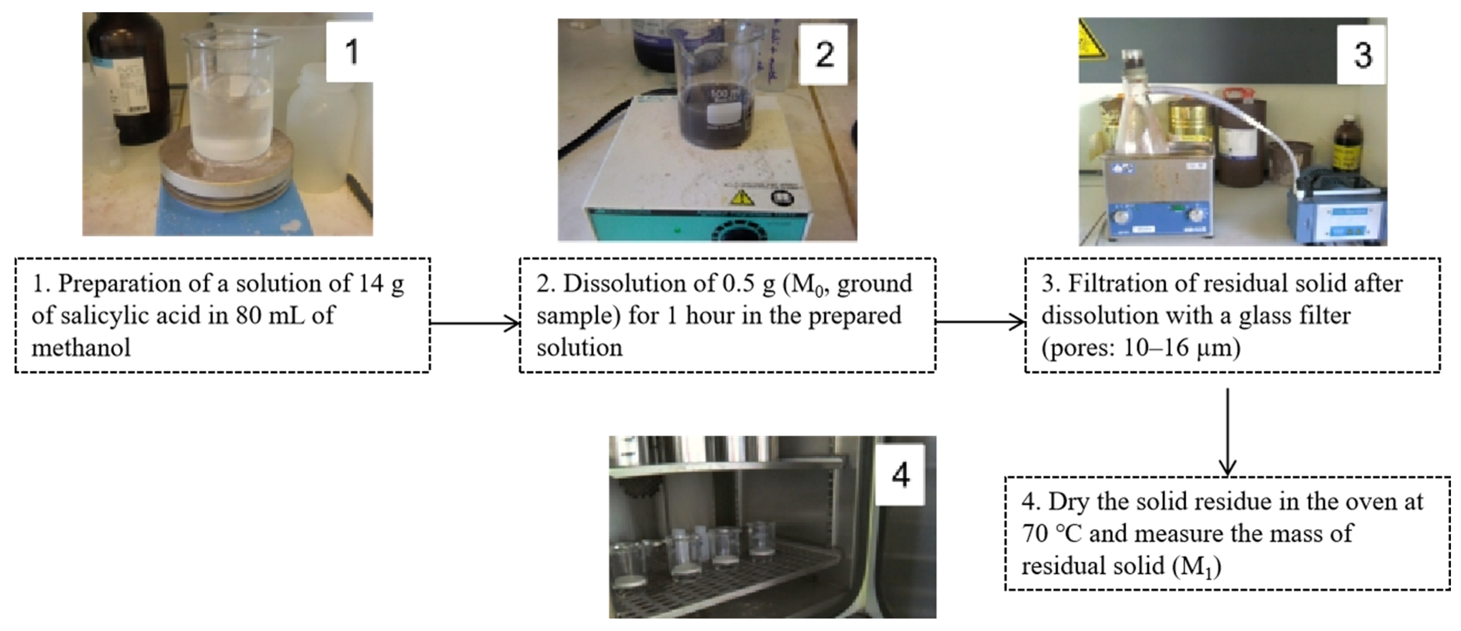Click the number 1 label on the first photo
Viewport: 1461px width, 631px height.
[x=351, y=52]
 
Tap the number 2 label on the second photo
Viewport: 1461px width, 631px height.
[x=824, y=54]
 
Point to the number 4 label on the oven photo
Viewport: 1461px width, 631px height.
[x=901, y=474]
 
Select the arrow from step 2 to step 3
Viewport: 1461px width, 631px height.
[x=980, y=322]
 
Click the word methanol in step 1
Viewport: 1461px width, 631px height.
[x=81, y=347]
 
